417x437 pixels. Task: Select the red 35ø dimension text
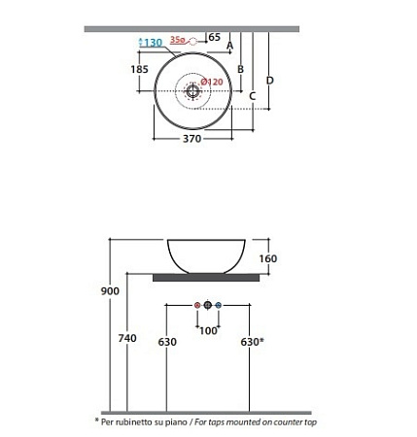(x=177, y=41)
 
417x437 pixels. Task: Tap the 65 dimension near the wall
(x=214, y=37)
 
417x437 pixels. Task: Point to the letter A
(x=229, y=46)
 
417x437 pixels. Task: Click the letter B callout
(x=240, y=69)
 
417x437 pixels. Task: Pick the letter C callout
(x=252, y=95)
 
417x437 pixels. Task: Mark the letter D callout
(x=269, y=79)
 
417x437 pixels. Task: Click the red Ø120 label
(x=214, y=83)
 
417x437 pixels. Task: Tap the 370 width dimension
(x=191, y=140)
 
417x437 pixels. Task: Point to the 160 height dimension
(x=268, y=258)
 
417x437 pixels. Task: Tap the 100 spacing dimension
(x=207, y=330)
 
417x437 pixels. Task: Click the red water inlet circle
(x=197, y=305)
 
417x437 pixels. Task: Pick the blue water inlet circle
(x=219, y=305)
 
